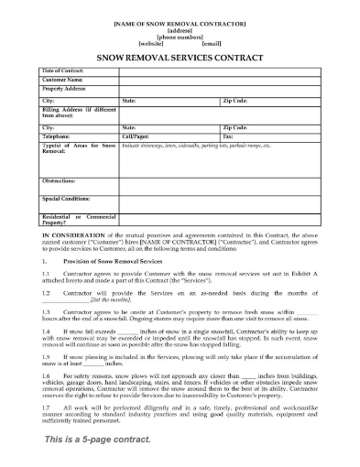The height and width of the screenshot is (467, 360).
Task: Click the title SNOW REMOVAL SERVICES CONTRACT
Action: (x=180, y=57)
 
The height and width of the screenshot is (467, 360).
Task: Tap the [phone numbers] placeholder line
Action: (x=180, y=36)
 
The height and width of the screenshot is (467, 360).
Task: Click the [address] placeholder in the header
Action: (x=180, y=28)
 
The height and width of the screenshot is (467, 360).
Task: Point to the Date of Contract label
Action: (x=65, y=71)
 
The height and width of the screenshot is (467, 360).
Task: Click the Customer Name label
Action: (x=62, y=80)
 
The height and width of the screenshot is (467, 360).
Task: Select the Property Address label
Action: (x=64, y=88)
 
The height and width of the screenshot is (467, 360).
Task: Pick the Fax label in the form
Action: (x=227, y=136)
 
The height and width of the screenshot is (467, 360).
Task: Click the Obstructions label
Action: (x=61, y=180)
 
